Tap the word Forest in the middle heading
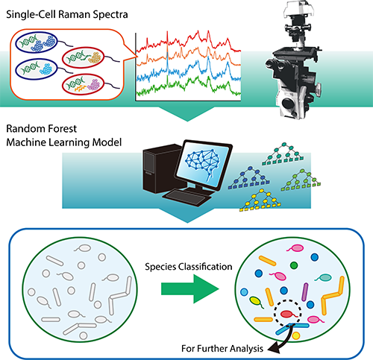point(60,129)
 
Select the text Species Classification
point(189,267)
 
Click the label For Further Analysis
point(222,349)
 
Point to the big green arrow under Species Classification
point(190,288)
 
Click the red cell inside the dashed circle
point(286,314)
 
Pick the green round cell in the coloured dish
point(294,265)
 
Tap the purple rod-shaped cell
point(305,292)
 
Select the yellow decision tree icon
point(260,200)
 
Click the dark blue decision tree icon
point(248,178)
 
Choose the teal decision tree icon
point(283,154)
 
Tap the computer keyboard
point(187,198)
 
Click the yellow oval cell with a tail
point(256,302)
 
